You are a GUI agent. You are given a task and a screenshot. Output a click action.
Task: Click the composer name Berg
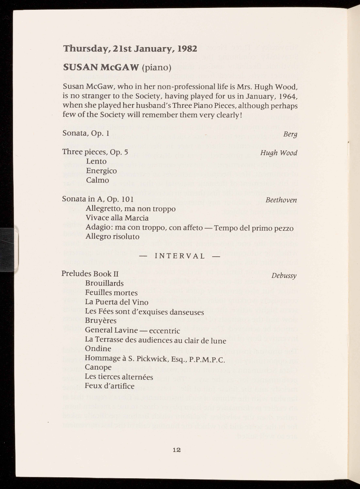[290, 134]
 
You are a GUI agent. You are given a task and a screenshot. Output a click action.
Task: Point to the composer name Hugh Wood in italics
[279, 153]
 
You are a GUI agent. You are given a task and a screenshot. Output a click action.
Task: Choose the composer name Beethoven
[281, 200]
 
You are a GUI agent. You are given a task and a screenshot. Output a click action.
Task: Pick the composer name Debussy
[284, 275]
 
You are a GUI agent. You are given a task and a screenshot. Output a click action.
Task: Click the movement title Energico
[101, 171]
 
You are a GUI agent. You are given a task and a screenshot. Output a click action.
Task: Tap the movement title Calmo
[98, 180]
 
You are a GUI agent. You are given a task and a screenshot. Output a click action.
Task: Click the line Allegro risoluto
[112, 237]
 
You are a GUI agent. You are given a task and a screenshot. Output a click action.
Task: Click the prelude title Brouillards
[104, 283]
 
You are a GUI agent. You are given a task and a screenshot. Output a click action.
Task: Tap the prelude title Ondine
[98, 349]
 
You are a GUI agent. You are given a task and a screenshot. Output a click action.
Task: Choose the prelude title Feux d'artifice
[110, 386]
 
